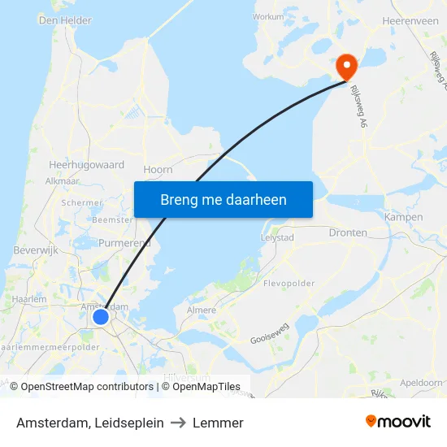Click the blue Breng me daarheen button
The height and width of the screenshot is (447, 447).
pyautogui.click(x=223, y=199)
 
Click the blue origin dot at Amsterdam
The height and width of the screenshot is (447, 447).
pyautogui.click(x=101, y=316)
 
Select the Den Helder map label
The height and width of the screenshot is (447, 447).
pyautogui.click(x=65, y=20)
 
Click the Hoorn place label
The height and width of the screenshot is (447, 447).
pyautogui.click(x=158, y=169)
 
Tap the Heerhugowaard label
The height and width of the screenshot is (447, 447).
pyautogui.click(x=87, y=164)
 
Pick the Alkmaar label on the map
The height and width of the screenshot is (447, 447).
pyautogui.click(x=62, y=181)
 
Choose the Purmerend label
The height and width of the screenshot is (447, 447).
pyautogui.click(x=124, y=243)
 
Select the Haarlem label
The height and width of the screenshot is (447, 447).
pyautogui.click(x=30, y=299)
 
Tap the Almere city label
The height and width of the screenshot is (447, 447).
pyautogui.click(x=202, y=310)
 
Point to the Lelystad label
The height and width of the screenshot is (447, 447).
pyautogui.click(x=278, y=237)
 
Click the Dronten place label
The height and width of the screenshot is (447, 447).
pyautogui.click(x=348, y=232)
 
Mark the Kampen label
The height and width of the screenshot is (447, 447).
pyautogui.click(x=403, y=217)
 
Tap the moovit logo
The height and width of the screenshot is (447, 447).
pyautogui.click(x=398, y=421)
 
